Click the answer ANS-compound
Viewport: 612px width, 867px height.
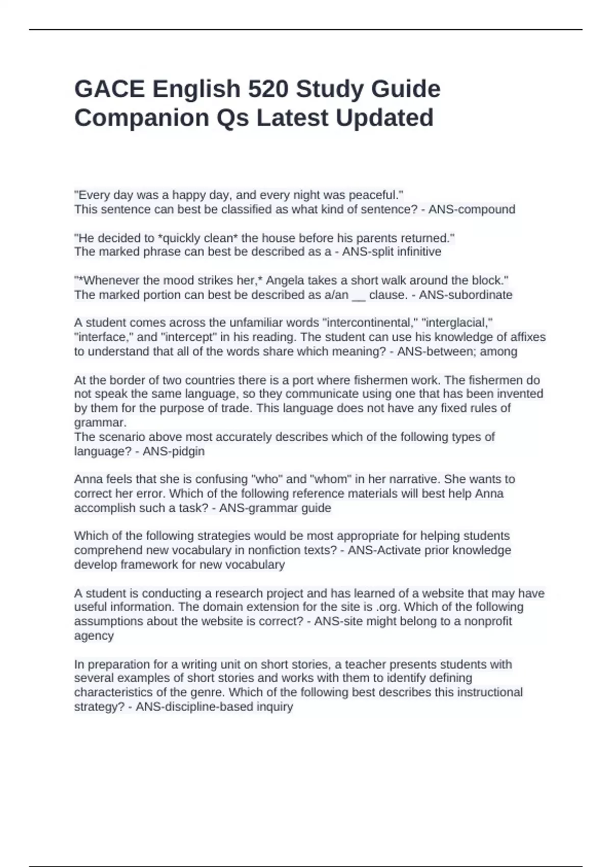pyautogui.click(x=472, y=210)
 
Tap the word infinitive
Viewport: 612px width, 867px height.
pyautogui.click(x=418, y=252)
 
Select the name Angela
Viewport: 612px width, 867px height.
pyautogui.click(x=285, y=280)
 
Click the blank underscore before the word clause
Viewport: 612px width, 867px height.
pyautogui.click(x=359, y=296)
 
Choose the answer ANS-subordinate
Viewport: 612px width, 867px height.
pyautogui.click(x=465, y=295)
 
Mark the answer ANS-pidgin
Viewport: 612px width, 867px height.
pyautogui.click(x=173, y=451)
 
